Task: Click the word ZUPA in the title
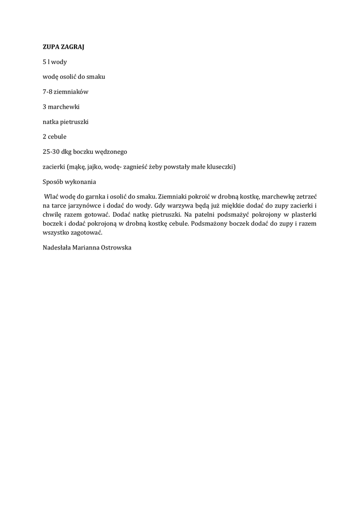pyautogui.click(x=50, y=47)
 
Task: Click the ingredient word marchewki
pyautogui.click(x=64, y=107)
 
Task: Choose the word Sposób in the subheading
pyautogui.click(x=54, y=181)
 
